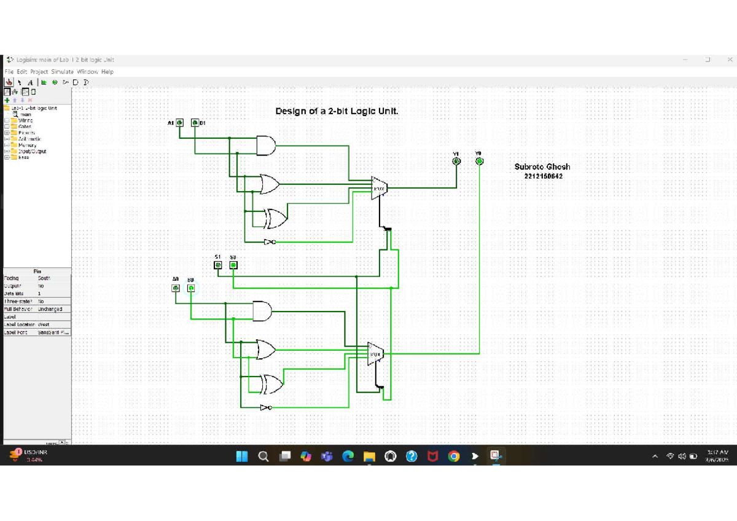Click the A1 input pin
click(x=180, y=123)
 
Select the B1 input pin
click(x=195, y=123)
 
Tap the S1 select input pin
click(x=217, y=265)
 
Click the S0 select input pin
click(x=233, y=265)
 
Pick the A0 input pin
click(x=176, y=288)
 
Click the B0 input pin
click(x=191, y=288)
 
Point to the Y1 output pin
click(x=456, y=161)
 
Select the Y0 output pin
click(x=479, y=161)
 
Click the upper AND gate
click(x=265, y=146)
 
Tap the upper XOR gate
click(x=275, y=218)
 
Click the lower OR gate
click(x=266, y=350)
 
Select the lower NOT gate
click(x=265, y=407)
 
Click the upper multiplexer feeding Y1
click(x=379, y=187)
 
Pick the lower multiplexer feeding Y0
click(x=375, y=354)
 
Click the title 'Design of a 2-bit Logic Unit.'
click(x=337, y=111)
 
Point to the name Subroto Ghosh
click(x=542, y=166)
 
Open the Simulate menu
click(x=62, y=72)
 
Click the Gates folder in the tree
click(x=25, y=127)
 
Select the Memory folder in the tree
click(x=27, y=145)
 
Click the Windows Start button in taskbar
click(x=242, y=456)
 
